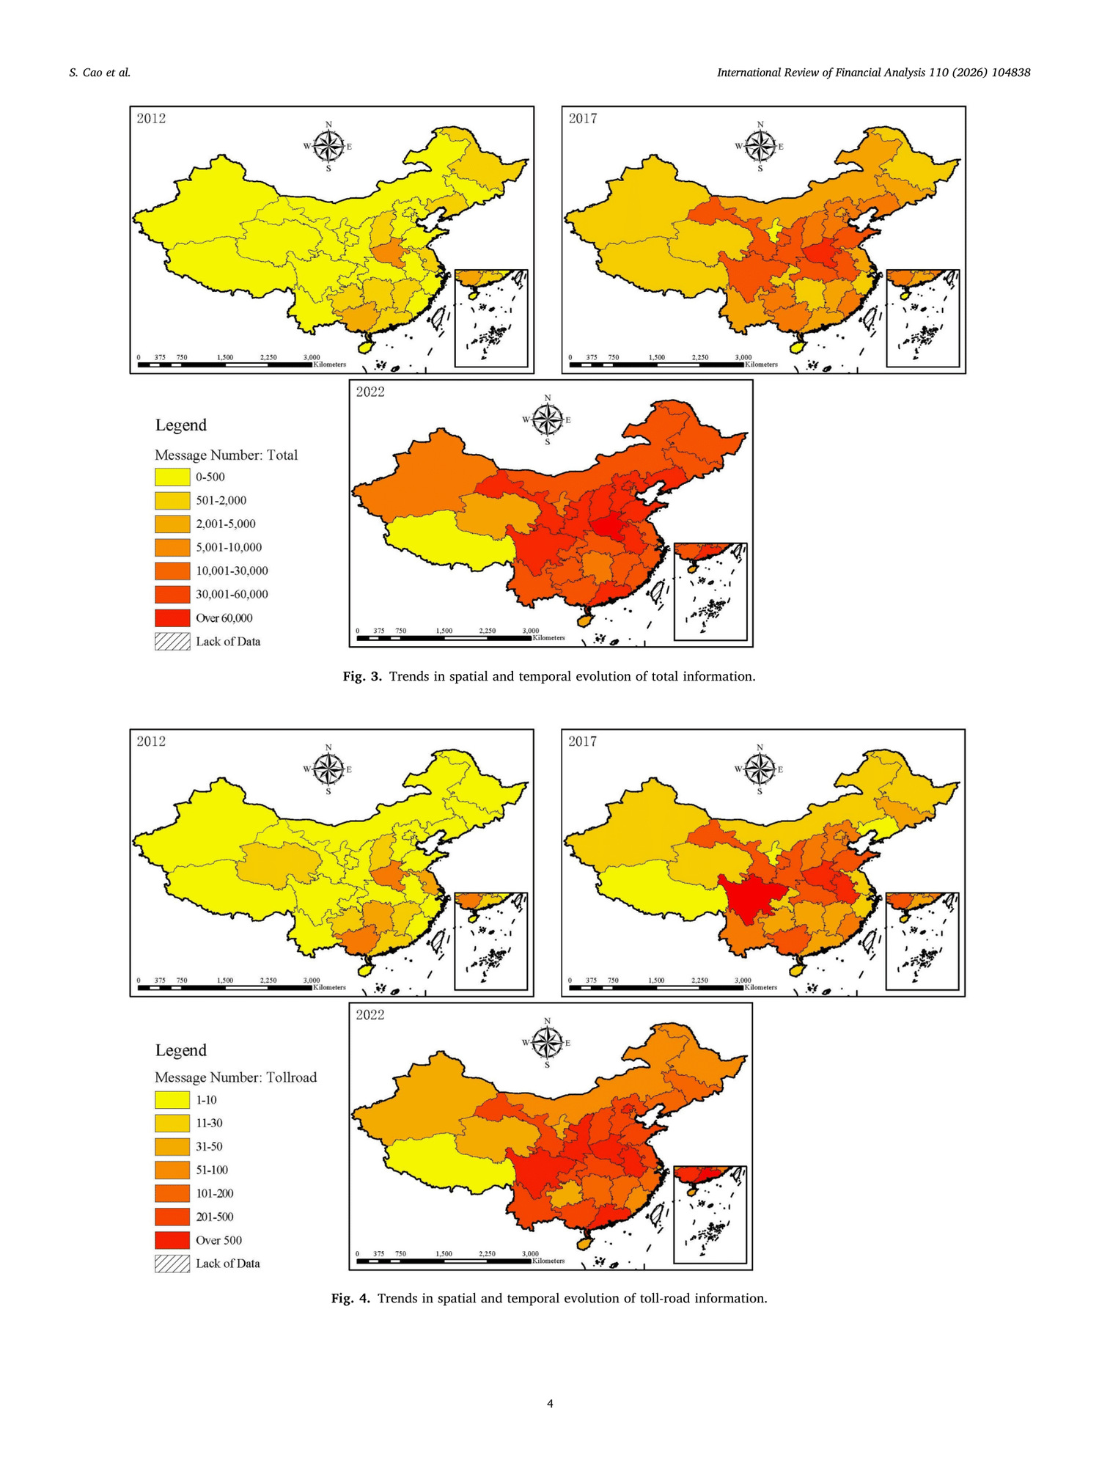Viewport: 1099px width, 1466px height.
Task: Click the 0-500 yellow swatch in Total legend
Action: (172, 477)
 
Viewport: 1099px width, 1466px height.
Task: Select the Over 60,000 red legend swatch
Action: (172, 617)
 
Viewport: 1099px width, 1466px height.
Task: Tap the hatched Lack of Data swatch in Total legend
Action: (172, 641)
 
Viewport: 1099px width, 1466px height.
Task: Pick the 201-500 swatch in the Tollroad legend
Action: (172, 1217)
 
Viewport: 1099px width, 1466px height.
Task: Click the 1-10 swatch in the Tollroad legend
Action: (172, 1100)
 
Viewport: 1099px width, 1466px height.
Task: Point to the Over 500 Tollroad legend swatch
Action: (172, 1240)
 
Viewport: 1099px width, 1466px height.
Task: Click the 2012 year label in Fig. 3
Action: (151, 119)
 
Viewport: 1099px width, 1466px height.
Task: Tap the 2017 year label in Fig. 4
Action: (583, 741)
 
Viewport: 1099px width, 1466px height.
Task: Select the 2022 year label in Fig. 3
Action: (370, 392)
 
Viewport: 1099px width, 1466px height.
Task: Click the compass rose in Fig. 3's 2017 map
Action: (760, 146)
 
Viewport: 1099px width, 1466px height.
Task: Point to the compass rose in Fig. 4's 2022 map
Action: (547, 1042)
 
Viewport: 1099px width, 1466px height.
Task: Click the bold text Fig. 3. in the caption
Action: (362, 676)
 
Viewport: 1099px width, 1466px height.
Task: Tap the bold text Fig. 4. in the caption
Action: (350, 1298)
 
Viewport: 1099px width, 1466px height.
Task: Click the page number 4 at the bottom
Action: (550, 1404)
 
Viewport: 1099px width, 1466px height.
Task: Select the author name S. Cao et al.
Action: (100, 73)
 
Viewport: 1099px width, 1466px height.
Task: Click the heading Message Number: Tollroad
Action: (235, 1077)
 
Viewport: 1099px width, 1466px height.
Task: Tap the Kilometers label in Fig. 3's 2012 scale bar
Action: (330, 364)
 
